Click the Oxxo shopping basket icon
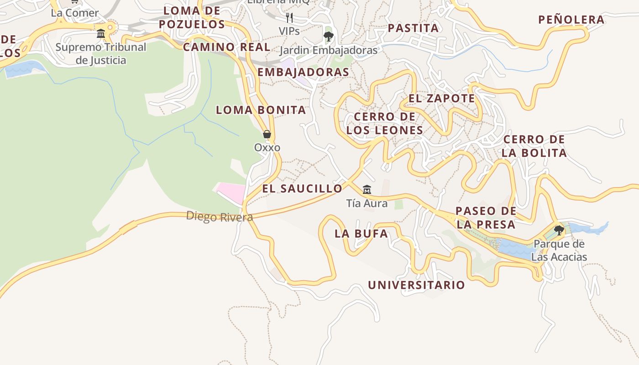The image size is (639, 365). coord(267,134)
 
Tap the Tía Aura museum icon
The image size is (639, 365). coord(367,189)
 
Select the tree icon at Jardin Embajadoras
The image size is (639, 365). coord(328,36)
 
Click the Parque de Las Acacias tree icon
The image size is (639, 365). coord(559,230)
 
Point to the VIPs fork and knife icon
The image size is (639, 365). coord(289,18)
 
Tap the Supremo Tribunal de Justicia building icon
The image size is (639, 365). coord(101,33)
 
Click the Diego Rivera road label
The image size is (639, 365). coord(220,216)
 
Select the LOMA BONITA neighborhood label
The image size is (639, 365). coord(261,110)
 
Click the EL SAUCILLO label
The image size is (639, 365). coord(302,188)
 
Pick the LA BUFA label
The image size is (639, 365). coord(361,234)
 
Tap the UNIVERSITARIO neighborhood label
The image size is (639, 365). coord(416,285)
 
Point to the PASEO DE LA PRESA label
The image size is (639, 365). coord(486,218)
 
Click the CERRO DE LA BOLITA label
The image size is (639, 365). coord(534,146)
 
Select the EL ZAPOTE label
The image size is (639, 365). coord(441,99)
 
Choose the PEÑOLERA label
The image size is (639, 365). coord(571,20)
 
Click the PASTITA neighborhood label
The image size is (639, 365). coord(413,28)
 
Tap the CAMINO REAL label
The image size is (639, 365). coord(227,47)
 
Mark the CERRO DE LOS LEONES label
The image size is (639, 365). coord(384,123)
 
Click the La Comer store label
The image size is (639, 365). coord(75,13)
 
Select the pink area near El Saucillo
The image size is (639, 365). coord(232,192)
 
